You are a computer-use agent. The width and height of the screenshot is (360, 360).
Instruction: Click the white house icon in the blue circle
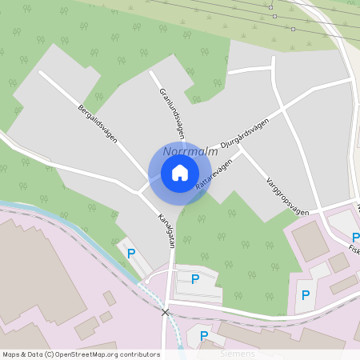[180, 173]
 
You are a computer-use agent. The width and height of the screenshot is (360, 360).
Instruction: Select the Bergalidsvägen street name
[98, 123]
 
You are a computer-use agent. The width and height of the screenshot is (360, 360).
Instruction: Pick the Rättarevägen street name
[214, 174]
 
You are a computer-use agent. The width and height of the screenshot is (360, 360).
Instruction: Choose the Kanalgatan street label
[165, 230]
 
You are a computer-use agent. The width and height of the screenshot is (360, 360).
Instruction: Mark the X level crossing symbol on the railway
[166, 312]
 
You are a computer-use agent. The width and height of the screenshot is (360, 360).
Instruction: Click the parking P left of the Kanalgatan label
[131, 253]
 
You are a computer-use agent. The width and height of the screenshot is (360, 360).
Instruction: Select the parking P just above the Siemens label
[204, 336]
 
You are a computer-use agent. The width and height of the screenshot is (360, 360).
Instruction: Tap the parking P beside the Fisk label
[355, 237]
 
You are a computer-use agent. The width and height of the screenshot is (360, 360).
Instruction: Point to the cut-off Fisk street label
[354, 249]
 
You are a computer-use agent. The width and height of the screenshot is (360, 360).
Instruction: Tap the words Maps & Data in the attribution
[19, 354]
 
